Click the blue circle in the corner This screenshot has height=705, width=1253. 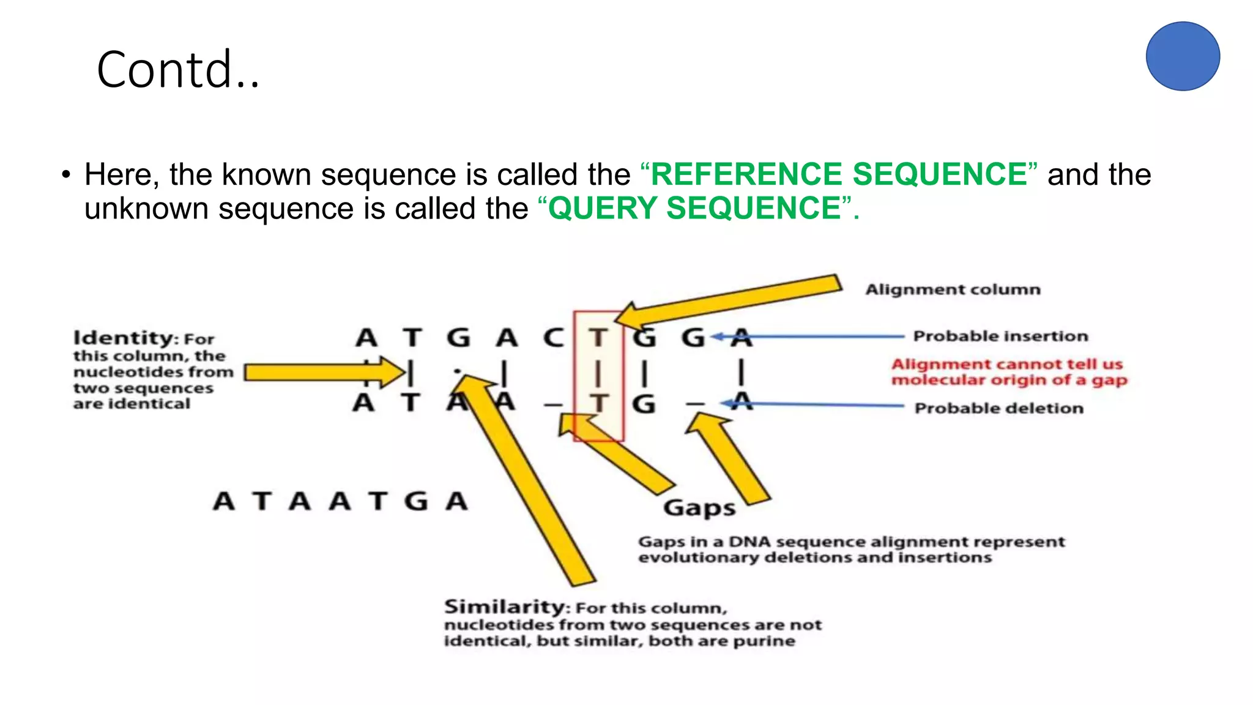point(1182,56)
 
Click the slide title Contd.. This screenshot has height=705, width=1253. point(177,70)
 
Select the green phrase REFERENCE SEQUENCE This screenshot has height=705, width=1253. point(838,174)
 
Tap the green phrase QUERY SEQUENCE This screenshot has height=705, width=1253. point(694,208)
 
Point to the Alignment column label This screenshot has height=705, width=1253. point(953,289)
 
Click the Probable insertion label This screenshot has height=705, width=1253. point(1000,336)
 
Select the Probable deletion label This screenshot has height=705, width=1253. point(998,408)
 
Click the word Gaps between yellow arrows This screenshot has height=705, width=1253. point(699,508)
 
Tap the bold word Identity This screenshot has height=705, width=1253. point(125,338)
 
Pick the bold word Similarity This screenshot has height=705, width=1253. point(505,606)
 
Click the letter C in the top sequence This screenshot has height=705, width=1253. point(553,338)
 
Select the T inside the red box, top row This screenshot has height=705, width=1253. point(598,338)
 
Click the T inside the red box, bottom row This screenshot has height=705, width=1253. point(598,404)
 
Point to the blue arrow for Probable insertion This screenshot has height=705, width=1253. point(808,336)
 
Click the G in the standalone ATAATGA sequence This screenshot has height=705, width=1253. point(415,502)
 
